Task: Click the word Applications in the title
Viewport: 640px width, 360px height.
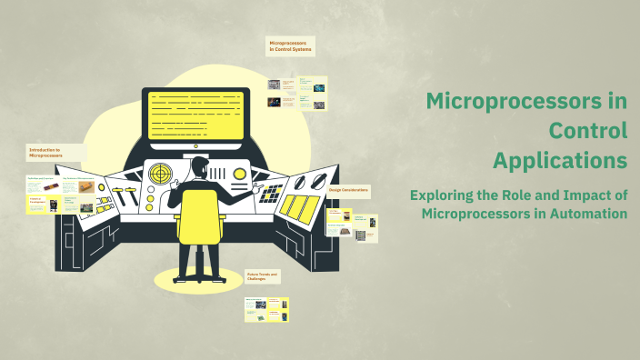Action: coord(560,160)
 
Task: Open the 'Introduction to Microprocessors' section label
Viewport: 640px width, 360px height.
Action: coord(45,153)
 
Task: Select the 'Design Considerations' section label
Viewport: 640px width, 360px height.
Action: coord(348,190)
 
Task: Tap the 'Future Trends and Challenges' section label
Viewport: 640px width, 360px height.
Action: coord(264,275)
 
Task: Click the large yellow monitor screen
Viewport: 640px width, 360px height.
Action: coord(195,114)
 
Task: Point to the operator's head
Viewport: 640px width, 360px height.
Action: coord(200,165)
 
